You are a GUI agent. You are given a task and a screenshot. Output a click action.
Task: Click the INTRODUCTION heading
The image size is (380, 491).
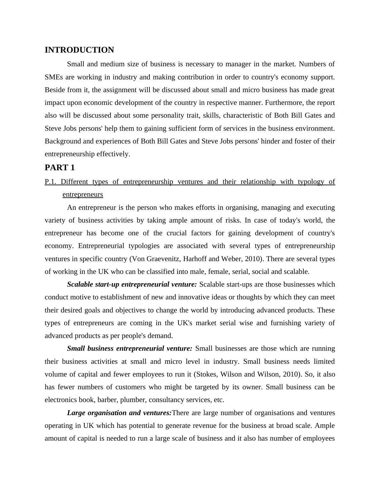[79, 50]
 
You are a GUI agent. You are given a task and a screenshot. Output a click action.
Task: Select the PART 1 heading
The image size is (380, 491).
[60, 168]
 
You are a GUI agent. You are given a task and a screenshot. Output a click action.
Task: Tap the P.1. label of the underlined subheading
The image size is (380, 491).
[51, 182]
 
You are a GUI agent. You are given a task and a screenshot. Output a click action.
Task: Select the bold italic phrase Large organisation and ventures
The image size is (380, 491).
[119, 413]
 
